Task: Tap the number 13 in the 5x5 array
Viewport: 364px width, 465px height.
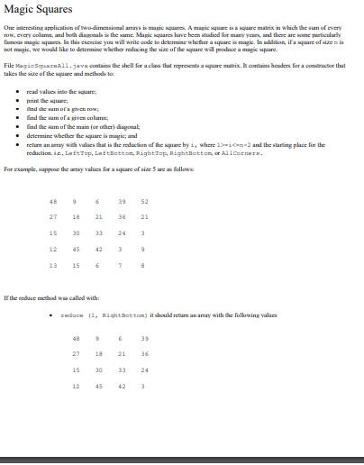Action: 53,265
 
